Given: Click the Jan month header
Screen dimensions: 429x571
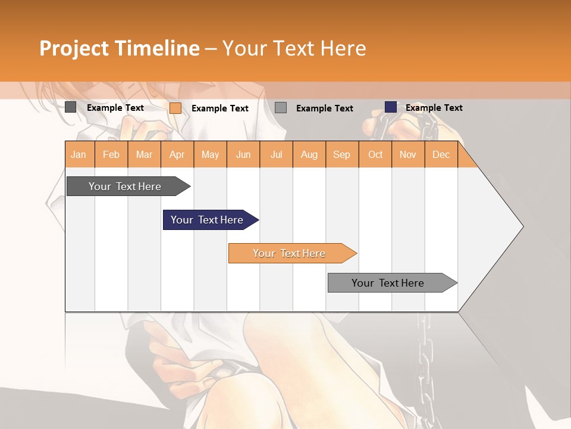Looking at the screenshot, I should (79, 155).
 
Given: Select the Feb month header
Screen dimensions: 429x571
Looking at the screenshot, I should (111, 155).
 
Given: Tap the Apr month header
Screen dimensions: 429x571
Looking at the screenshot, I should (177, 155).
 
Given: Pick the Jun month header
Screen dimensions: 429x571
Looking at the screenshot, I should (243, 155).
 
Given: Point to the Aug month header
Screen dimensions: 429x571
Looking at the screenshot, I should (309, 155).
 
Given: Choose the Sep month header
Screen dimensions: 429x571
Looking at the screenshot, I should (342, 155).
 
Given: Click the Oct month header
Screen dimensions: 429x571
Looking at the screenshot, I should (375, 155).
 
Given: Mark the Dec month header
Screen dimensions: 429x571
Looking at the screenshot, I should (441, 155).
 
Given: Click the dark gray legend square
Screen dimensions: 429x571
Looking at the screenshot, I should (71, 107).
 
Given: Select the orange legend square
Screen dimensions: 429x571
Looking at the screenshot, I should (175, 108).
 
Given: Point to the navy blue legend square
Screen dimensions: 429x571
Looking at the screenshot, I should (391, 107).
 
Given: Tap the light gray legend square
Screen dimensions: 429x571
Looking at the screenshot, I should (281, 108).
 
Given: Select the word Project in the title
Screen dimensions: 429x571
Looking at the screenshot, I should (74, 48).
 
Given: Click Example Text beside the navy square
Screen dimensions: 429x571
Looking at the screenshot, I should (434, 108).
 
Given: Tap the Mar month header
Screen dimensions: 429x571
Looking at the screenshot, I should (144, 155).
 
